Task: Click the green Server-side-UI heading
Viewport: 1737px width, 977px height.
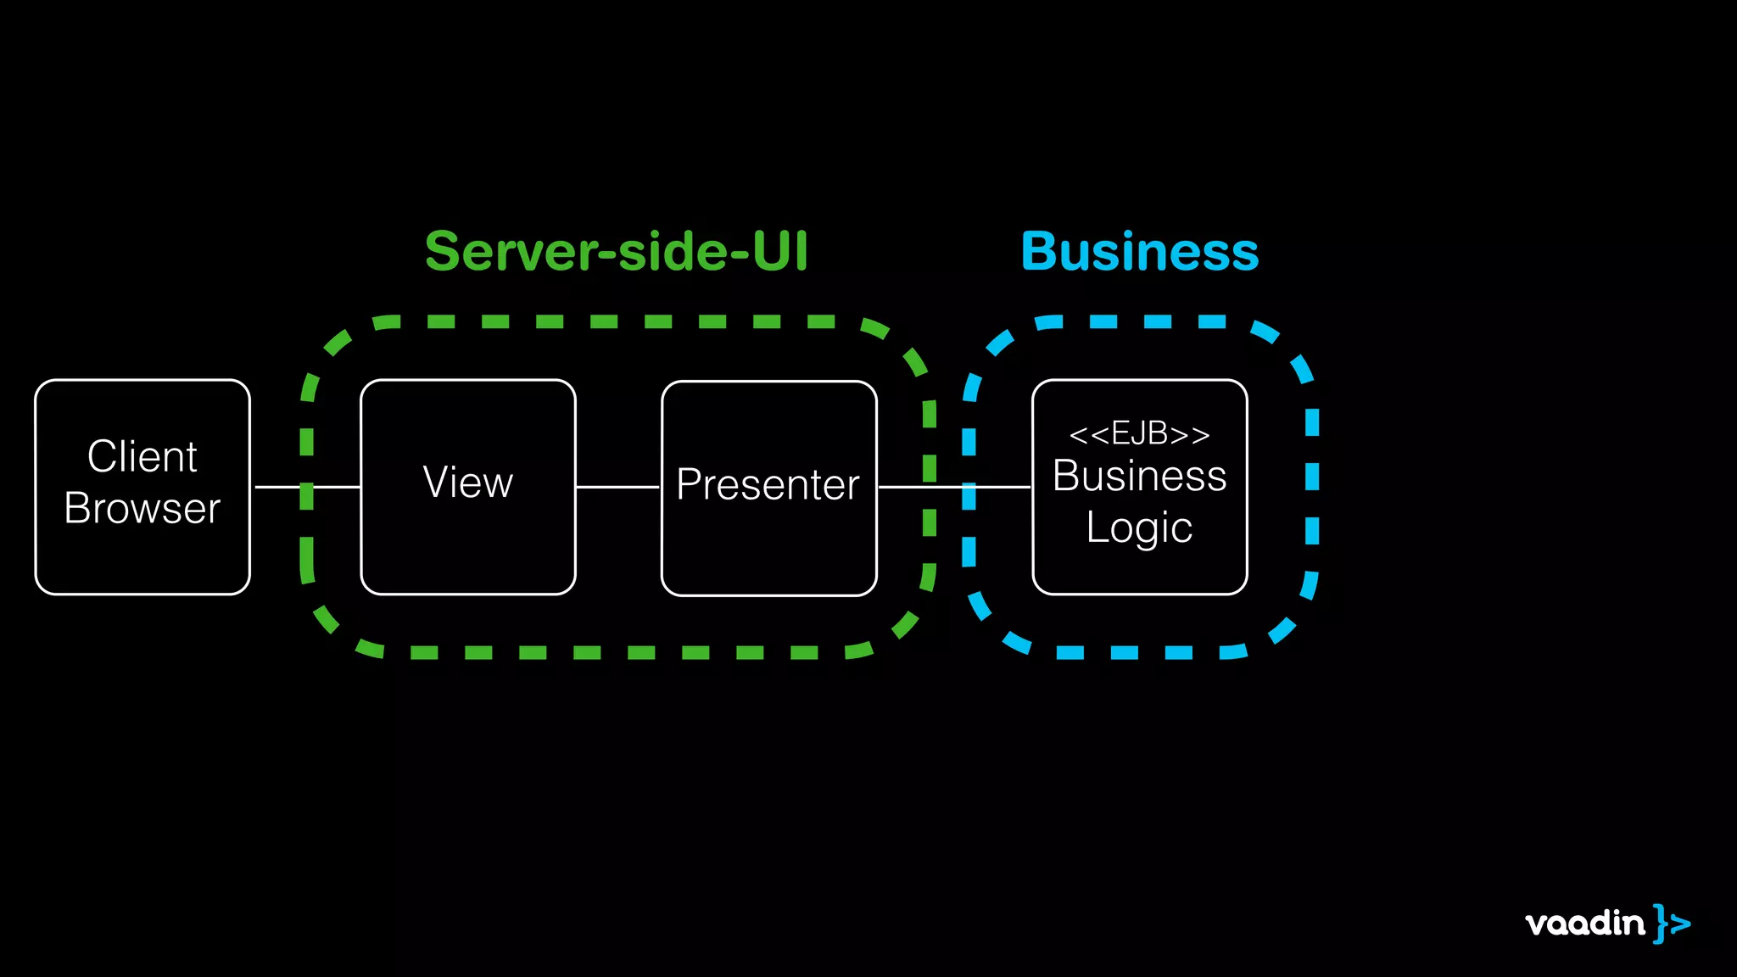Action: point(616,252)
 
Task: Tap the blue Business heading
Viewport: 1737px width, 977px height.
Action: point(1139,252)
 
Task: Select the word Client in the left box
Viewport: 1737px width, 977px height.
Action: point(142,456)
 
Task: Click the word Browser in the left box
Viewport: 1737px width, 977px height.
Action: point(142,508)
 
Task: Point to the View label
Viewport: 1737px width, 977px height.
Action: point(467,482)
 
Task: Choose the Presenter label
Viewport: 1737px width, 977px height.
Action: point(768,484)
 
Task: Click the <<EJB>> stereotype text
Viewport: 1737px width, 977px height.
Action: point(1139,434)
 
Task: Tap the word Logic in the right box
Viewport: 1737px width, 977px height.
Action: point(1139,528)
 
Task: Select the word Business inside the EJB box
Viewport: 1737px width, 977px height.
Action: point(1139,476)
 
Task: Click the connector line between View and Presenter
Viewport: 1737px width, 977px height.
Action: point(617,487)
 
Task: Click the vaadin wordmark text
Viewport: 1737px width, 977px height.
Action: point(1584,924)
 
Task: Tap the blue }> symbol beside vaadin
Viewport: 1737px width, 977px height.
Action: point(1671,924)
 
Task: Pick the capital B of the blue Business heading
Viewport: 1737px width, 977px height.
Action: point(1041,252)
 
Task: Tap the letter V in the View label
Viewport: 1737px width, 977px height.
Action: point(436,482)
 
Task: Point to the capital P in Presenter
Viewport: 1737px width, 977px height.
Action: point(689,484)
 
